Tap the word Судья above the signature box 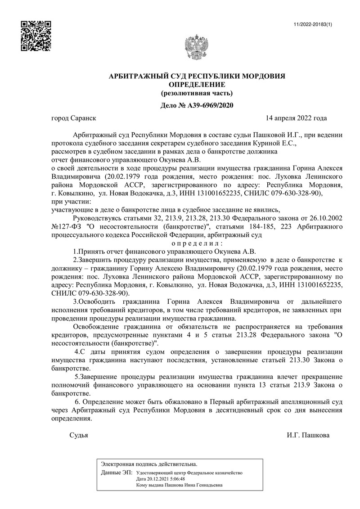[x=79, y=435]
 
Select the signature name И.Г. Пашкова [x=308, y=435]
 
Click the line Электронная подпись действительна [x=149, y=464]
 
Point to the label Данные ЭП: [x=117, y=473]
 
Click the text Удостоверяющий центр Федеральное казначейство [x=189, y=473]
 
